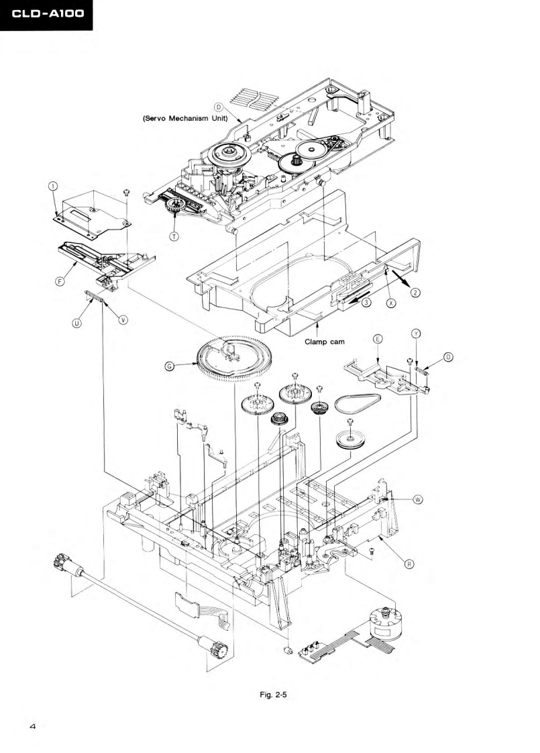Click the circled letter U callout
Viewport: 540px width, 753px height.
77,322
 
